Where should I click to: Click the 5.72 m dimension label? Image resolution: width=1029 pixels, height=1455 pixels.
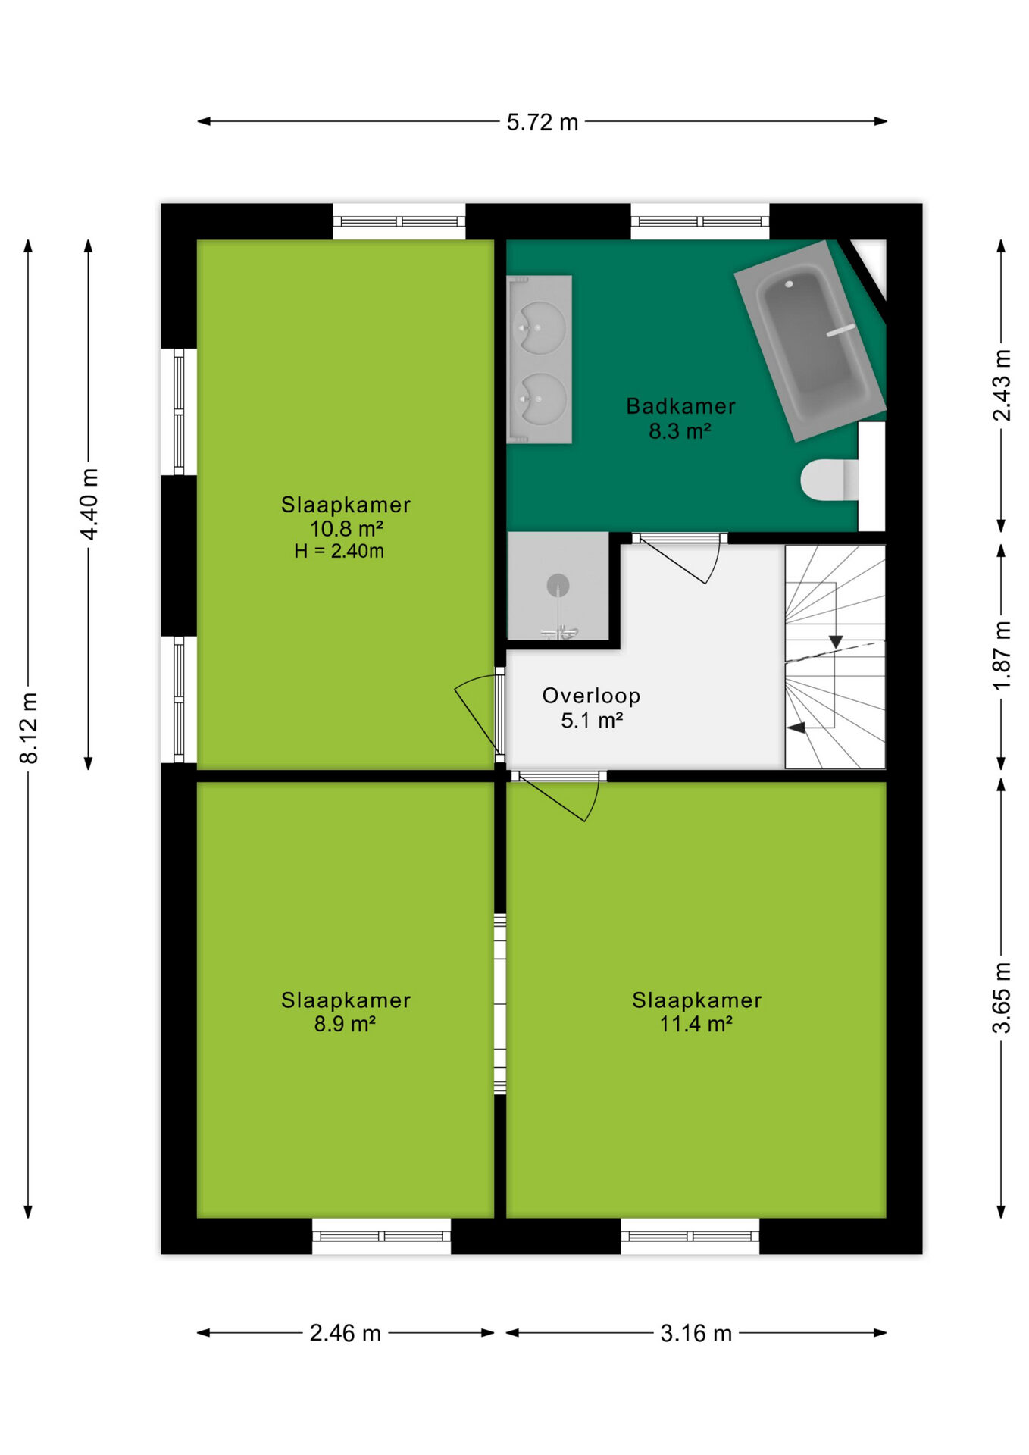coord(542,122)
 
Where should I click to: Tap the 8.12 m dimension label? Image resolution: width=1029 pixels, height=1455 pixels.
coord(28,727)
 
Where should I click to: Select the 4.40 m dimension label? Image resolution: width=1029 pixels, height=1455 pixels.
coord(89,504)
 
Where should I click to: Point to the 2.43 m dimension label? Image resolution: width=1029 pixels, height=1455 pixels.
coord(1002,385)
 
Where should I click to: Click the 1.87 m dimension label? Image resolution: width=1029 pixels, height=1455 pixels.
coord(1002,655)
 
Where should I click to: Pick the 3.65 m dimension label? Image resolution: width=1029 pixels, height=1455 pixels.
coord(1002,997)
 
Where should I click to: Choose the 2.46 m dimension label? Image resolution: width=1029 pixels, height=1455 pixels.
coord(345,1333)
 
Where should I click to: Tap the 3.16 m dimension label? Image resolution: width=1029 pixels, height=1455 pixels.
coord(696,1333)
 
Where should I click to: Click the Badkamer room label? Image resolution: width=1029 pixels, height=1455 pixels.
coord(680,406)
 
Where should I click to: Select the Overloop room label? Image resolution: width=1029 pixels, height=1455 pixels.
coord(591,696)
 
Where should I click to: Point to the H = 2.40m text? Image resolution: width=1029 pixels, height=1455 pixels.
coord(339,551)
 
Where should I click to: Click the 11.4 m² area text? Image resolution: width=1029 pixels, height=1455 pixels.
coord(696,1024)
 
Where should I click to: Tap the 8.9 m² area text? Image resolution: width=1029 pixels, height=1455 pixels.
coord(345,1024)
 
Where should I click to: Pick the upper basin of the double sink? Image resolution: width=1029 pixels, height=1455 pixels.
coord(540,327)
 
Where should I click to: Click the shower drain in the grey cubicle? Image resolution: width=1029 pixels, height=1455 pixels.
coord(558,586)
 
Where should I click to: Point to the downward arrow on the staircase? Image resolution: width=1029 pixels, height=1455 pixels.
coord(835,641)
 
